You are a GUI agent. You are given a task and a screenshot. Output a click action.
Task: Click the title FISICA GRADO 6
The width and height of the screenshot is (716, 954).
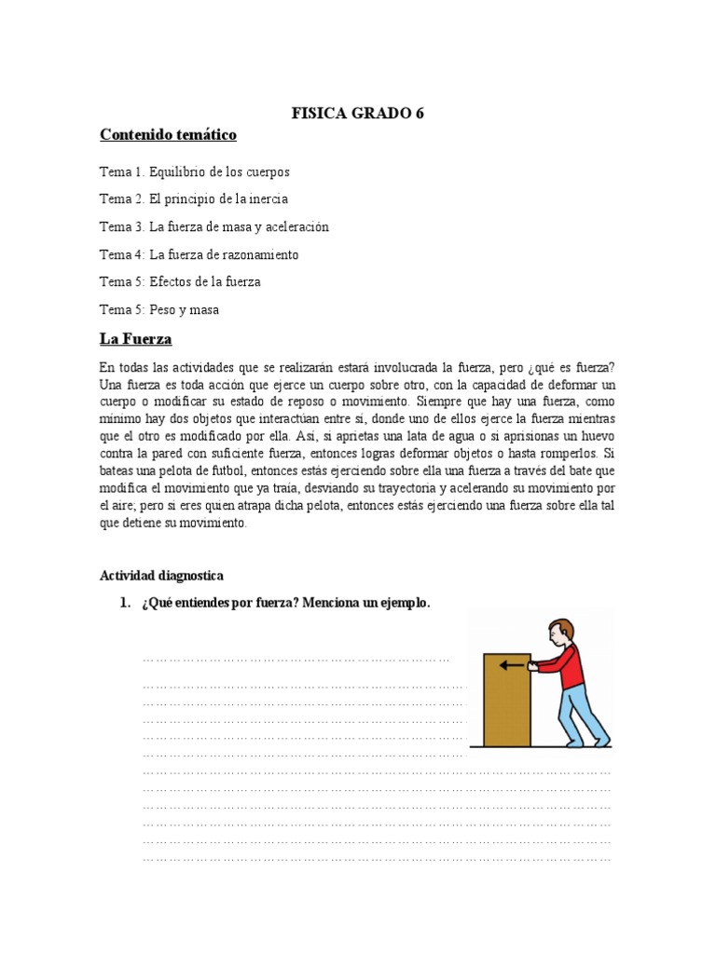[x=358, y=114]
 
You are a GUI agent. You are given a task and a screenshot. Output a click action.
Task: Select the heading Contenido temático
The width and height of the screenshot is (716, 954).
[x=168, y=136]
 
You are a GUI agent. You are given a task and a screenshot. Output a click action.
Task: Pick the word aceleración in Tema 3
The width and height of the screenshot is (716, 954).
[x=289, y=226]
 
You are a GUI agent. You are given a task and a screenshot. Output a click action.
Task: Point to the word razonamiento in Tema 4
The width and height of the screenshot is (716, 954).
[x=258, y=254]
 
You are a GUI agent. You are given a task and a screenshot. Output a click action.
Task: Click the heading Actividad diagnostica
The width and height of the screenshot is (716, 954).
[x=161, y=576]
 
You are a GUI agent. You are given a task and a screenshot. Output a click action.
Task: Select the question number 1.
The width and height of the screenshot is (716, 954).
[x=125, y=603]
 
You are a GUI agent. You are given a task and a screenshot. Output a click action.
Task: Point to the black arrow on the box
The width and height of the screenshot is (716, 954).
[x=511, y=665]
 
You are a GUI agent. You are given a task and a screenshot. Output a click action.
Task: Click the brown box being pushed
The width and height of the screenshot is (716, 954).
[x=506, y=703]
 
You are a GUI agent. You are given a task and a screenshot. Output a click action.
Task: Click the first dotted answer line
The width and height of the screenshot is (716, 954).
[x=296, y=661]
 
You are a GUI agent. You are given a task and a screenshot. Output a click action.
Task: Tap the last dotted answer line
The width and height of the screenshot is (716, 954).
[x=377, y=857]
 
